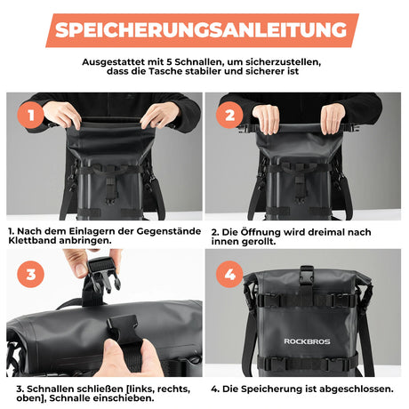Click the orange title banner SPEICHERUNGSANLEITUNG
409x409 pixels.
(204, 29)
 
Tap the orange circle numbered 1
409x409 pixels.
(30, 116)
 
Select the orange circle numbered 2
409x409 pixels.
(229, 116)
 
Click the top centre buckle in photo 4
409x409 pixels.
(306, 278)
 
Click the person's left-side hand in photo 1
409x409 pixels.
(61, 114)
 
